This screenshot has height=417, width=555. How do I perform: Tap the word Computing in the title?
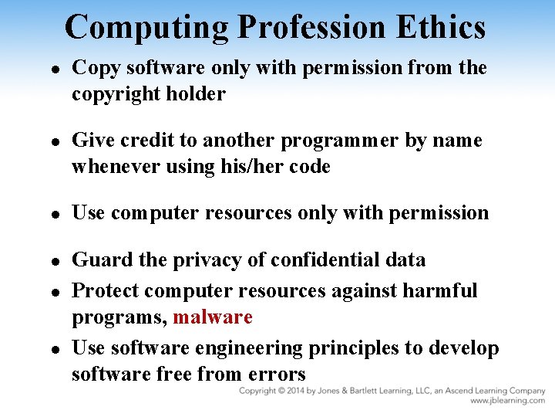click(146, 27)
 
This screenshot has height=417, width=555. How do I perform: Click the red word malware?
click(213, 317)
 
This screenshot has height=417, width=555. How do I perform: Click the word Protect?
click(105, 290)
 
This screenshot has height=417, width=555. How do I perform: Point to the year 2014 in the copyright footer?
click(296, 392)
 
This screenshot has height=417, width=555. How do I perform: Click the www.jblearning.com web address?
click(507, 402)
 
